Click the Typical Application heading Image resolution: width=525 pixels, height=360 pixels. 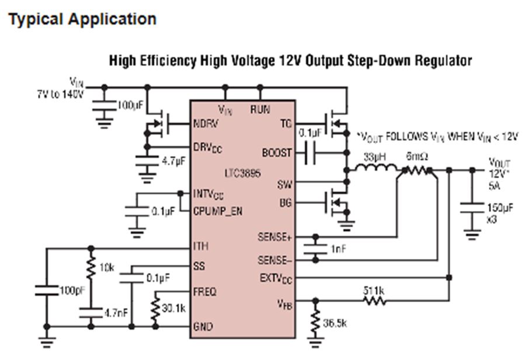82,19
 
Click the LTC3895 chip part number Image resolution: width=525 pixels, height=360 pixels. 242,174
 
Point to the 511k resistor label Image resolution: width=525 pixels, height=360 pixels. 374,290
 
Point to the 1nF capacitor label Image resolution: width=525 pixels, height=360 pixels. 338,248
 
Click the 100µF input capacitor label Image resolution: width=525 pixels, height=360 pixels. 130,106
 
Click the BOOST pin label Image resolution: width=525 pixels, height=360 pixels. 277,153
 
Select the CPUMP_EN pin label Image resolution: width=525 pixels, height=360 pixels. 217,212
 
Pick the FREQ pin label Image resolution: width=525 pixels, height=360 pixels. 204,290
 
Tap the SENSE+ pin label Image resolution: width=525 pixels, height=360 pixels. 275,237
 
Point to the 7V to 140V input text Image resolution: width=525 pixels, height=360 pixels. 58,94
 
